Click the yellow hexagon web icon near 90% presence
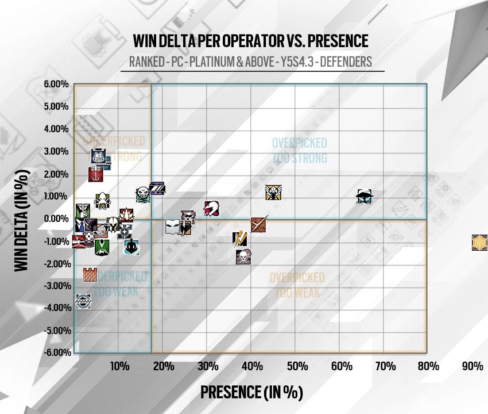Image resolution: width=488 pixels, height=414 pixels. click(x=479, y=243)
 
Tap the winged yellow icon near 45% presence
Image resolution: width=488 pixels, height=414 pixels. click(x=273, y=193)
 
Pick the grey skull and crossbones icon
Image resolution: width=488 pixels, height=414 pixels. click(x=243, y=256)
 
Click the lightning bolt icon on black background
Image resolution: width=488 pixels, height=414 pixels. click(x=240, y=238)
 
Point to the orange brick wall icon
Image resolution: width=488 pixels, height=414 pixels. click(x=90, y=275)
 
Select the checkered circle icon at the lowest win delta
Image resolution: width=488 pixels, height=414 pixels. click(x=83, y=301)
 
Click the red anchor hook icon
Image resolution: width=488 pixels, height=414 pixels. click(x=95, y=174)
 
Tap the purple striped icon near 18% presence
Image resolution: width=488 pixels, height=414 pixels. click(x=158, y=187)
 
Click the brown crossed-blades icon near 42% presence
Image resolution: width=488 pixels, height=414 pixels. click(x=259, y=224)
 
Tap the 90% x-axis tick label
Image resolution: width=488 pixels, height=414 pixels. click(x=473, y=366)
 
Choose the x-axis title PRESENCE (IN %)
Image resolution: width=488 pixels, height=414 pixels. click(x=251, y=392)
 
